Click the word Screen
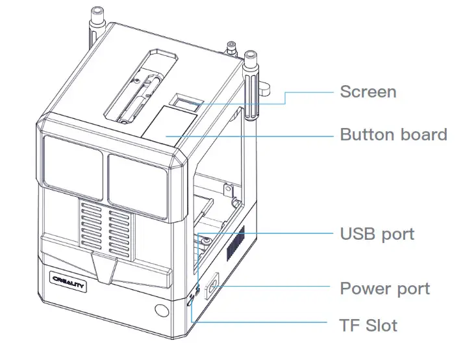(368, 91)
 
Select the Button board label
(394, 135)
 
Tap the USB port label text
(377, 233)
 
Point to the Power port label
(384, 288)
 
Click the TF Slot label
(368, 324)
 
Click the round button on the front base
(160, 310)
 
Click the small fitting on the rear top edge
(231, 47)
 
